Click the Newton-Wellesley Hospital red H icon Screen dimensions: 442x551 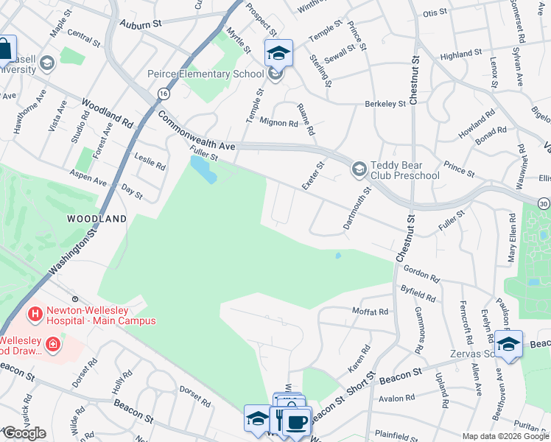coord(34,315)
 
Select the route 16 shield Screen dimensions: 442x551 coord(162,93)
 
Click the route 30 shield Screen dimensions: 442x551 coord(543,203)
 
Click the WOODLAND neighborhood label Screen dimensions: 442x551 coord(96,219)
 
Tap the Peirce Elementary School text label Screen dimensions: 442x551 coord(206,74)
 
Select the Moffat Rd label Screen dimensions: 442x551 coord(370,312)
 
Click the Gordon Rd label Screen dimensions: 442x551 coord(421,274)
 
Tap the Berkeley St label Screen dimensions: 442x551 coord(385,104)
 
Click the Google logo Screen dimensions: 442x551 coord(24,433)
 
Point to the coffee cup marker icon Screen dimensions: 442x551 coord(297,422)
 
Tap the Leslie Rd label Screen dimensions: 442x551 coord(150,160)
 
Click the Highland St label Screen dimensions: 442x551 coord(460,54)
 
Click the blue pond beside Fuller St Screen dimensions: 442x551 coord(203,170)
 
